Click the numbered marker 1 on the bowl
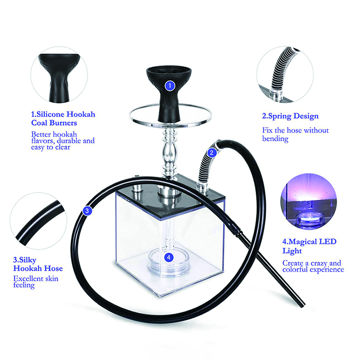[x=169, y=86]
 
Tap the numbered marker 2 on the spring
[x=211, y=153]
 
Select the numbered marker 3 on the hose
[x=87, y=210]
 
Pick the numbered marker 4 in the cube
[x=168, y=257]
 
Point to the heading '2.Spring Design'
[x=290, y=116]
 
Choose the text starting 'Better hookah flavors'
[x=63, y=141]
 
